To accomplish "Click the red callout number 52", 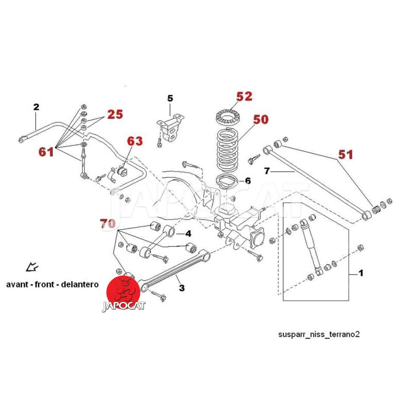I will (244, 96).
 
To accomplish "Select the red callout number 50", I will (261, 119).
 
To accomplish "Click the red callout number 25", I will (115, 115).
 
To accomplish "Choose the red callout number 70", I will (107, 224).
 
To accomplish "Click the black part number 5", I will (170, 98).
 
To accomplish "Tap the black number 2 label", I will (36, 107).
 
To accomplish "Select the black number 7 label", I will (266, 170).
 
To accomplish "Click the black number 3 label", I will (181, 287).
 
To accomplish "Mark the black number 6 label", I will (247, 181).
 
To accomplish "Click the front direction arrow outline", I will (33, 267).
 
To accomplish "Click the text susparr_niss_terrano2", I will (319, 334).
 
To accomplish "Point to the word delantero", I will (81, 284).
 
